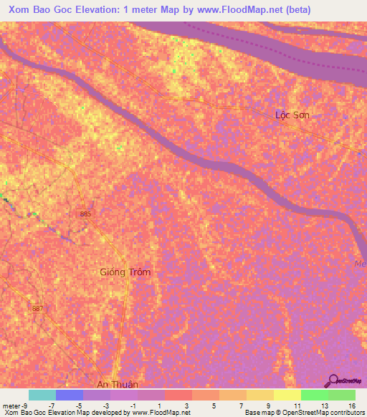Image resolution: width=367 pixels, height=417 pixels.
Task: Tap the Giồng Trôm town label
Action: coord(125,272)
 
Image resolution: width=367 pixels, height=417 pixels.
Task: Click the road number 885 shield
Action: coord(86,214)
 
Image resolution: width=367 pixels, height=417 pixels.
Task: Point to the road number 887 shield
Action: coord(37,308)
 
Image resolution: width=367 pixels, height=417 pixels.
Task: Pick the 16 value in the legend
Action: coord(351,405)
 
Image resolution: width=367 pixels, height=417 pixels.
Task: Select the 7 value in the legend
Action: coord(241,405)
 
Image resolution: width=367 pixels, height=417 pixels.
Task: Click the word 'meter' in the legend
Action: coord(10,405)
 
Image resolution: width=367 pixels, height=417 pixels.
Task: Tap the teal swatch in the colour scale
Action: coord(42,395)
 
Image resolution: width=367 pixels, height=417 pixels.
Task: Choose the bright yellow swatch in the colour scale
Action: coord(287,395)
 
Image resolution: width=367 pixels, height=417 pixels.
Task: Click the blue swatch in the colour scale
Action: coord(70,395)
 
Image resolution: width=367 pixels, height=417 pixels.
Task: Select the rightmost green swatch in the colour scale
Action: coord(342,395)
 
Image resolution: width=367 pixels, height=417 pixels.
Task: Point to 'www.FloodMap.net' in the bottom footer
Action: coord(156,413)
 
